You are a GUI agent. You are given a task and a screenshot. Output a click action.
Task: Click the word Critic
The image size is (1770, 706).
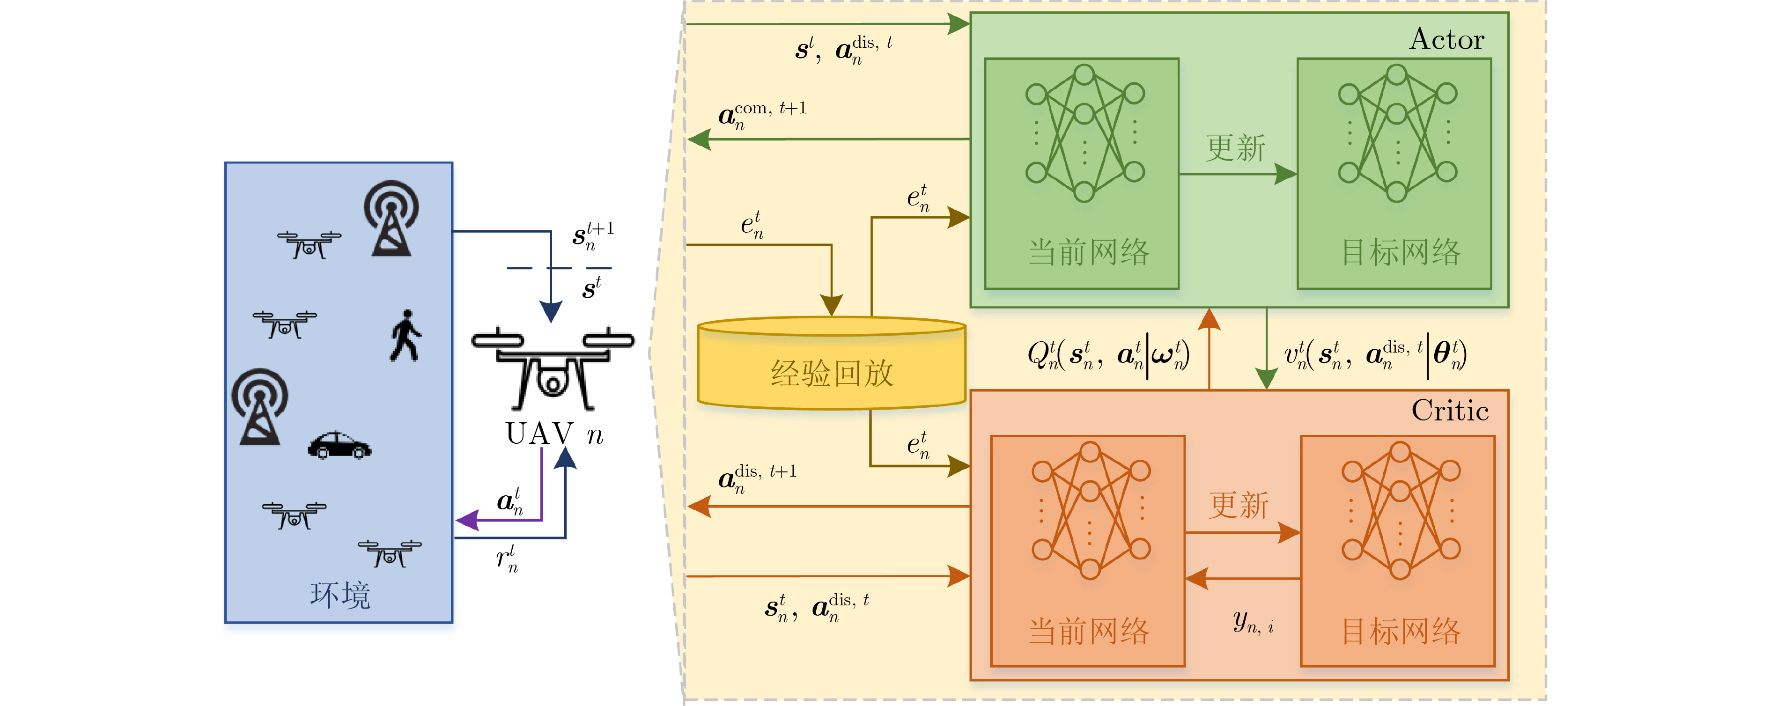coord(1450,411)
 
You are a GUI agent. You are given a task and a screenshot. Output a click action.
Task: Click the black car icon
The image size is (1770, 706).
coord(339,445)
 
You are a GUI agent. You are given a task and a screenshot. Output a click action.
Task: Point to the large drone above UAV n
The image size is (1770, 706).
coord(553,368)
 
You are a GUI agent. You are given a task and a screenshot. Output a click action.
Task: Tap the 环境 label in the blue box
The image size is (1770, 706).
coord(340,595)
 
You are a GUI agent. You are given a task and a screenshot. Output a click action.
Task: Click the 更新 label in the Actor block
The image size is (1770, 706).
coord(1235,147)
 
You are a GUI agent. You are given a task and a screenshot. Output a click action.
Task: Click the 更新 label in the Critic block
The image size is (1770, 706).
coord(1239,506)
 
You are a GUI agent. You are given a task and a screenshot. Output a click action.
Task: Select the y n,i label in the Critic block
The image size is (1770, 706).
coord(1253,622)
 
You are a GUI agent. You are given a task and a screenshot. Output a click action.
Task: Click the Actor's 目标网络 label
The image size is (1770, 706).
coord(1401,252)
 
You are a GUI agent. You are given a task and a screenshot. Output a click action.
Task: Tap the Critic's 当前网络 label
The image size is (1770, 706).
coord(1088,631)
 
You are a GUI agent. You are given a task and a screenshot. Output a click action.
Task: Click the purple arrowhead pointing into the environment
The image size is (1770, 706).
coord(467,520)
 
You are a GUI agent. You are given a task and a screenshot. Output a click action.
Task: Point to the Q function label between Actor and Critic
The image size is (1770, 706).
coord(1107,355)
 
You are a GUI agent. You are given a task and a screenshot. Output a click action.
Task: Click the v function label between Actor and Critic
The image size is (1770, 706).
coord(1374,355)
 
